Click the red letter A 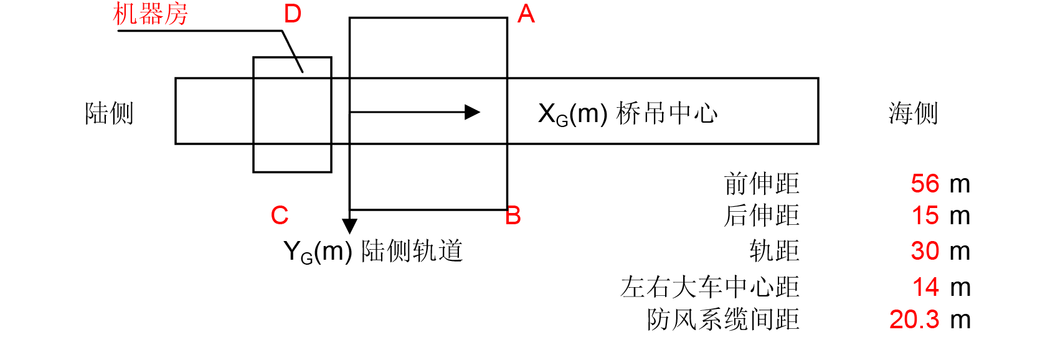click(526, 14)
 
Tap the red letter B click(513, 216)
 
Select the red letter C click(280, 216)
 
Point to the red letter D click(292, 14)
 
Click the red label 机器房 click(151, 14)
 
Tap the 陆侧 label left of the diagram click(109, 113)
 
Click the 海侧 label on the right click(913, 113)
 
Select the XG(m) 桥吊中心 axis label click(628, 114)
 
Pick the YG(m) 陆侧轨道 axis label click(372, 252)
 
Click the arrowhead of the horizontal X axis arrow click(473, 112)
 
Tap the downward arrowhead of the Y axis click(350, 226)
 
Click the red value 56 click(925, 184)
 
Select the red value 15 click(925, 216)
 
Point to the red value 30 click(925, 251)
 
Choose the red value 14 click(925, 287)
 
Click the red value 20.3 click(914, 320)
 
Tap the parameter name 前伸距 click(762, 184)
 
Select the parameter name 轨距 click(774, 251)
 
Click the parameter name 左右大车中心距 click(710, 287)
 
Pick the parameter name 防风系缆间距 click(723, 320)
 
